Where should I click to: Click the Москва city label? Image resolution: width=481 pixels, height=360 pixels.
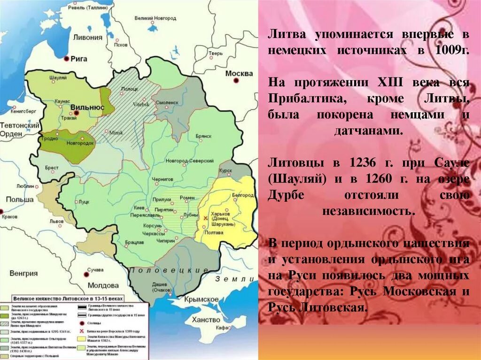[x=239, y=74]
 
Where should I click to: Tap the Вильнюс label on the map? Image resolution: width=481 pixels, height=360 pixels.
[x=87, y=107]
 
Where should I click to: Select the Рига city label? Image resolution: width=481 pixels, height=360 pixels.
[x=78, y=59]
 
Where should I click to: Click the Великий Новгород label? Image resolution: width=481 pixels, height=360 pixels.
[x=155, y=18]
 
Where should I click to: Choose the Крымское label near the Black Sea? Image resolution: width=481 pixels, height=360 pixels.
[x=200, y=299]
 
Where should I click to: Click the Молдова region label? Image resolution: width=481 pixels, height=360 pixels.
[x=103, y=285]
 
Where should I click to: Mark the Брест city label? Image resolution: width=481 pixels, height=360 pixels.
[x=51, y=167]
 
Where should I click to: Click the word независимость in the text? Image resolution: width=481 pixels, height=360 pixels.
[x=369, y=211]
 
